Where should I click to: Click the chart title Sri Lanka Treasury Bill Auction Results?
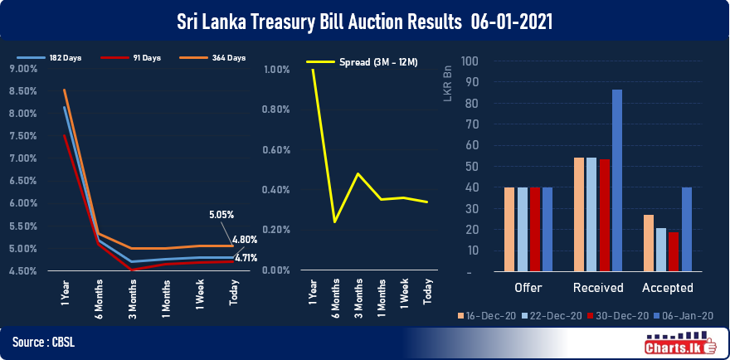[x=365, y=19]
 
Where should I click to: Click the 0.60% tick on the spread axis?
[x=275, y=149]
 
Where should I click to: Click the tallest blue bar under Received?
[x=616, y=180]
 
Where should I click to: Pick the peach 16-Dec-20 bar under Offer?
[x=509, y=229]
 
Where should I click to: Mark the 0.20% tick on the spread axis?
[x=275, y=230]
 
